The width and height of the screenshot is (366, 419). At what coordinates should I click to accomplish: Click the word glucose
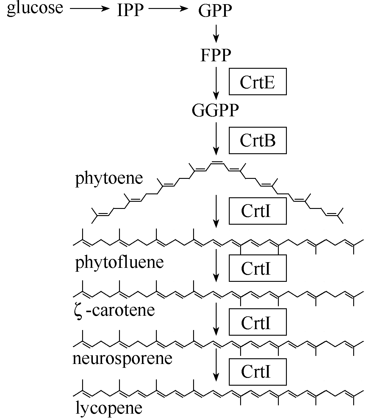(35, 8)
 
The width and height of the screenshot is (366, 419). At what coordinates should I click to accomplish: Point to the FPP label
(216, 55)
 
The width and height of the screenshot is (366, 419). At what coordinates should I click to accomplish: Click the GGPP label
(215, 110)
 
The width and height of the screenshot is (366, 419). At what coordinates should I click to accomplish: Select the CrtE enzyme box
(258, 82)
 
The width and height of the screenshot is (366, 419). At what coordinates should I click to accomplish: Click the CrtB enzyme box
(258, 140)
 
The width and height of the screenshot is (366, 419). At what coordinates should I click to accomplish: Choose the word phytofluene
(120, 263)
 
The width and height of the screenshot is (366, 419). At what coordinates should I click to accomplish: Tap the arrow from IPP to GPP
(168, 9)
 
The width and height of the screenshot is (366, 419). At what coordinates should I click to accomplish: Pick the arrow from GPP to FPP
(216, 34)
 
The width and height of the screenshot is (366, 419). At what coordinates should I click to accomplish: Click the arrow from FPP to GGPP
(216, 84)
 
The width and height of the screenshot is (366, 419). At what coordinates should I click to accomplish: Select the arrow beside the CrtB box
(216, 139)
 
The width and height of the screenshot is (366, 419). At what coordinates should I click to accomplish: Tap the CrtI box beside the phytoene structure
(258, 211)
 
